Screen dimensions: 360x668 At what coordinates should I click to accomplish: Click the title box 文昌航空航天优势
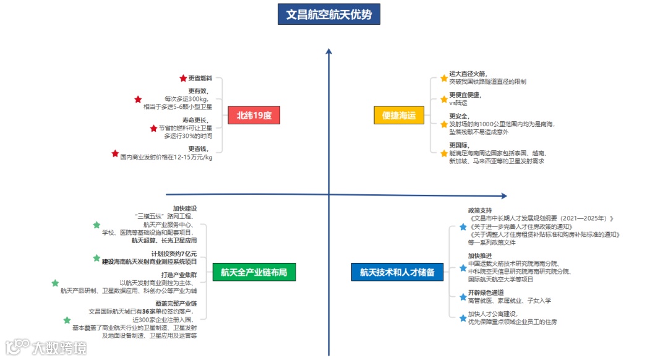pos(328,14)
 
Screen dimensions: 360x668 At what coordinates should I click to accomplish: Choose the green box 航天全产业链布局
pos(254,272)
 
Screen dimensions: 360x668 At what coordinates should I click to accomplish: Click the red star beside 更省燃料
pos(183,79)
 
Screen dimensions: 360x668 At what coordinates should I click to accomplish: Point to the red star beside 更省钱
pos(114,153)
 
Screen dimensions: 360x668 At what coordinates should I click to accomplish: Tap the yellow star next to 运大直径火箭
pos(443,78)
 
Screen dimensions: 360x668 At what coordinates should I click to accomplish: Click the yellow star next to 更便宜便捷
pos(443,98)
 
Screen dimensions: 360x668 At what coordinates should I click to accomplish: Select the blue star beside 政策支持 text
pos(463,227)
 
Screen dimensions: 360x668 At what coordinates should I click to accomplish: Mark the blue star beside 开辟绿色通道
pos(463,297)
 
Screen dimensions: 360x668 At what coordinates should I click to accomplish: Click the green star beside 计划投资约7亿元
pos(96,258)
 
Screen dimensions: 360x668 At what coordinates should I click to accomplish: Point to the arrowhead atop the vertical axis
pos(328,53)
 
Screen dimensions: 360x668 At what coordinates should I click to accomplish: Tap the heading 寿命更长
pos(195,120)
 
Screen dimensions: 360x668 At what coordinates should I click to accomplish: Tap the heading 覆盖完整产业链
pos(176,303)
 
